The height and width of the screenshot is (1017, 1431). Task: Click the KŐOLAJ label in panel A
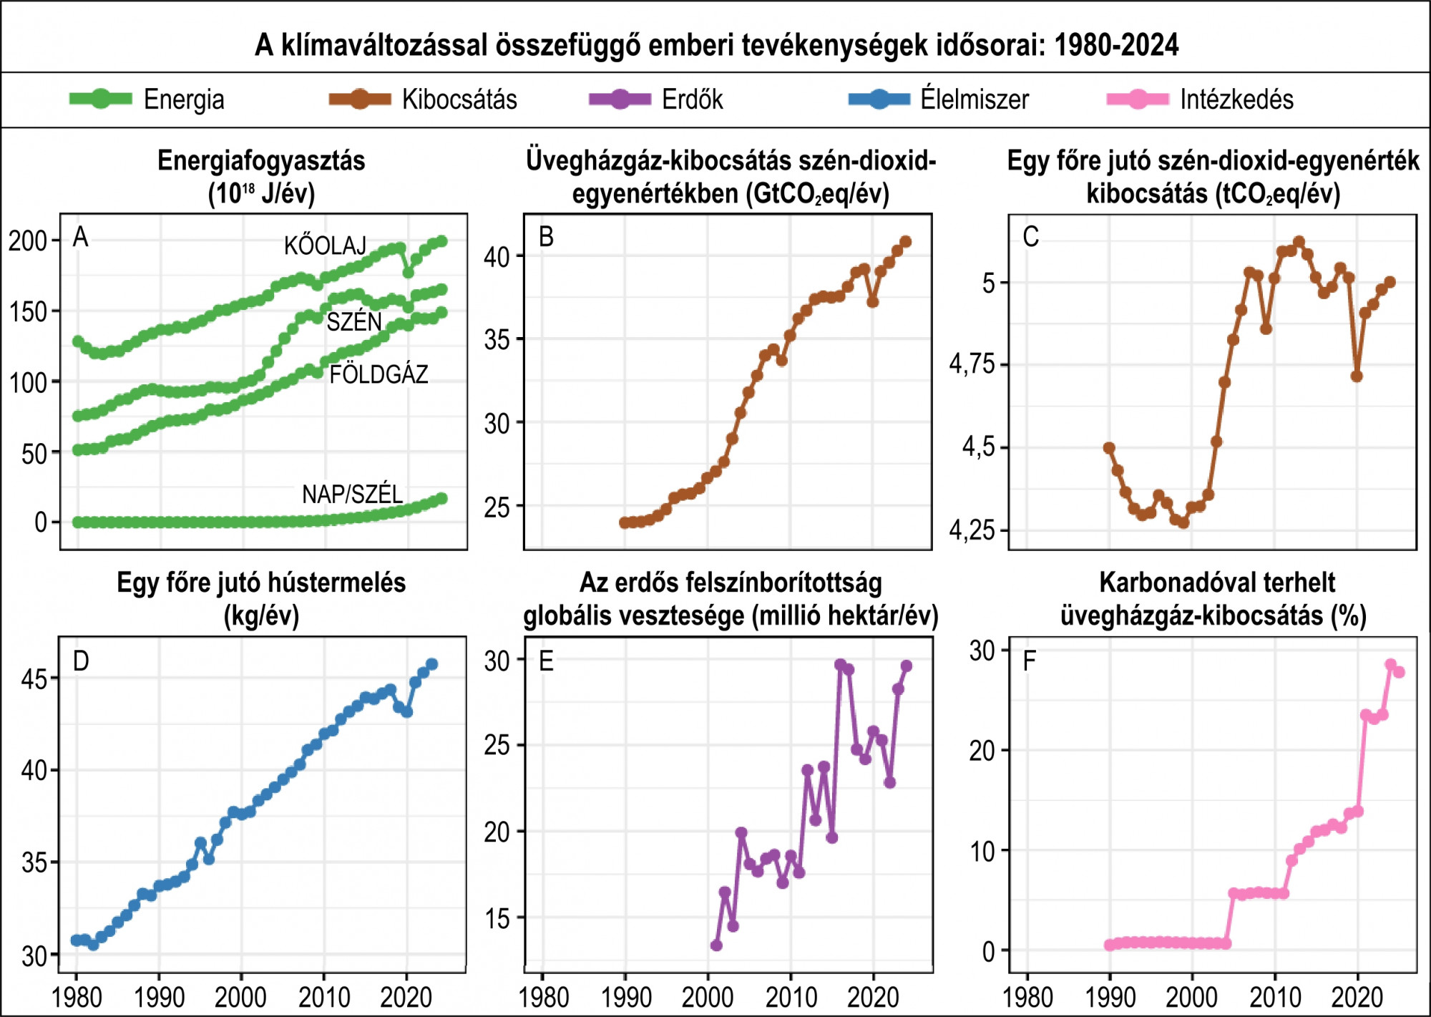click(325, 246)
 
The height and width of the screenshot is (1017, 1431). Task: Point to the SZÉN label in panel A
click(354, 322)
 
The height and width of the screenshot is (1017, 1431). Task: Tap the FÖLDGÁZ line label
click(378, 374)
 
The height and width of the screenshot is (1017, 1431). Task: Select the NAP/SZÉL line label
click(352, 495)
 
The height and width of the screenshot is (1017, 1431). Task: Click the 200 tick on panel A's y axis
click(27, 241)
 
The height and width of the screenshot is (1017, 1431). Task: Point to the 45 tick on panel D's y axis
click(34, 679)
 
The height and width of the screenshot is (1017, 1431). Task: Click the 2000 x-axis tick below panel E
click(708, 997)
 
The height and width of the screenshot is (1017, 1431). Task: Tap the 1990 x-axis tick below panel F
click(1110, 997)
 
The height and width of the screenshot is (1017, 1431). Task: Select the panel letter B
click(546, 237)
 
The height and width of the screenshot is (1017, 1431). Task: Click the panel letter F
click(1030, 661)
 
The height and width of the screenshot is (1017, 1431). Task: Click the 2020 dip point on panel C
click(1357, 376)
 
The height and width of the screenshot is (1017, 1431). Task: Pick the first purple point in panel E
click(716, 945)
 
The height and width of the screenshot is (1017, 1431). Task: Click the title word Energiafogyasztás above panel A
click(261, 161)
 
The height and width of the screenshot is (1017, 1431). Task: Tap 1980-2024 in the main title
click(1116, 45)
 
